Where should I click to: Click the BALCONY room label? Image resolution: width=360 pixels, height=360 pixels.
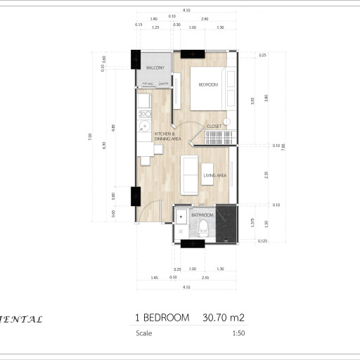(x=155, y=68)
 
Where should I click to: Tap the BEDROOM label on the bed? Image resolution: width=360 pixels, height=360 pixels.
(x=208, y=84)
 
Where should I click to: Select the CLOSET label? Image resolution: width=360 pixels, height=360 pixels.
(x=214, y=127)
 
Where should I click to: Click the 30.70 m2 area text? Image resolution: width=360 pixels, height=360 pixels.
(x=222, y=318)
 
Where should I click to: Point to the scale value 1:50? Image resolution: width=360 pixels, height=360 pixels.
(x=237, y=333)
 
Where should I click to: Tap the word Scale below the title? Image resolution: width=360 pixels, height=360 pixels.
(x=143, y=333)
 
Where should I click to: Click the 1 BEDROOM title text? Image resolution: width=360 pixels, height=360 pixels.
(x=162, y=318)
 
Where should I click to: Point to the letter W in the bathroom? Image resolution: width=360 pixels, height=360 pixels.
(x=181, y=230)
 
